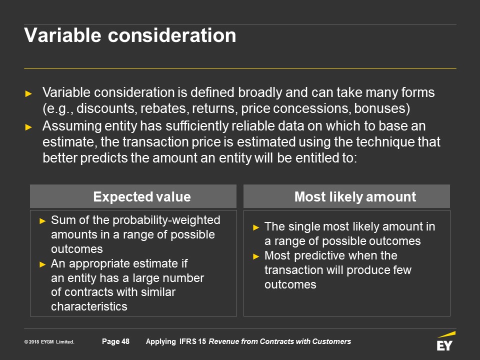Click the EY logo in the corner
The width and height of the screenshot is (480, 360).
445,341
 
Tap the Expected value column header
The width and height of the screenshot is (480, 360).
142,196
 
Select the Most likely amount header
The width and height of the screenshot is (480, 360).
355,196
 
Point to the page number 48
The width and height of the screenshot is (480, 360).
125,341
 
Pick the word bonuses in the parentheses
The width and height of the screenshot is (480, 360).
379,108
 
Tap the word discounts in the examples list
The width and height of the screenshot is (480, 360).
106,108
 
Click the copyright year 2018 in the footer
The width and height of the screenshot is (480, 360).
34,342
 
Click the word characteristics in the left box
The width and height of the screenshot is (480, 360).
89,306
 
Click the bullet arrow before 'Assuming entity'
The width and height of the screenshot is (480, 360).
28,126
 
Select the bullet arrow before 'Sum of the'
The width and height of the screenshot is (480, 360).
42,220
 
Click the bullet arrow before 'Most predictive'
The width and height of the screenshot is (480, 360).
256,256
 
